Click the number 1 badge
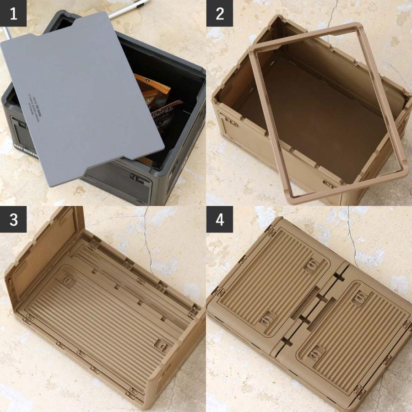[13, 13]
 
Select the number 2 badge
[220, 13]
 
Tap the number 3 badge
[13, 220]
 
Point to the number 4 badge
[220, 220]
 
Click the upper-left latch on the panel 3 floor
[68, 281]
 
